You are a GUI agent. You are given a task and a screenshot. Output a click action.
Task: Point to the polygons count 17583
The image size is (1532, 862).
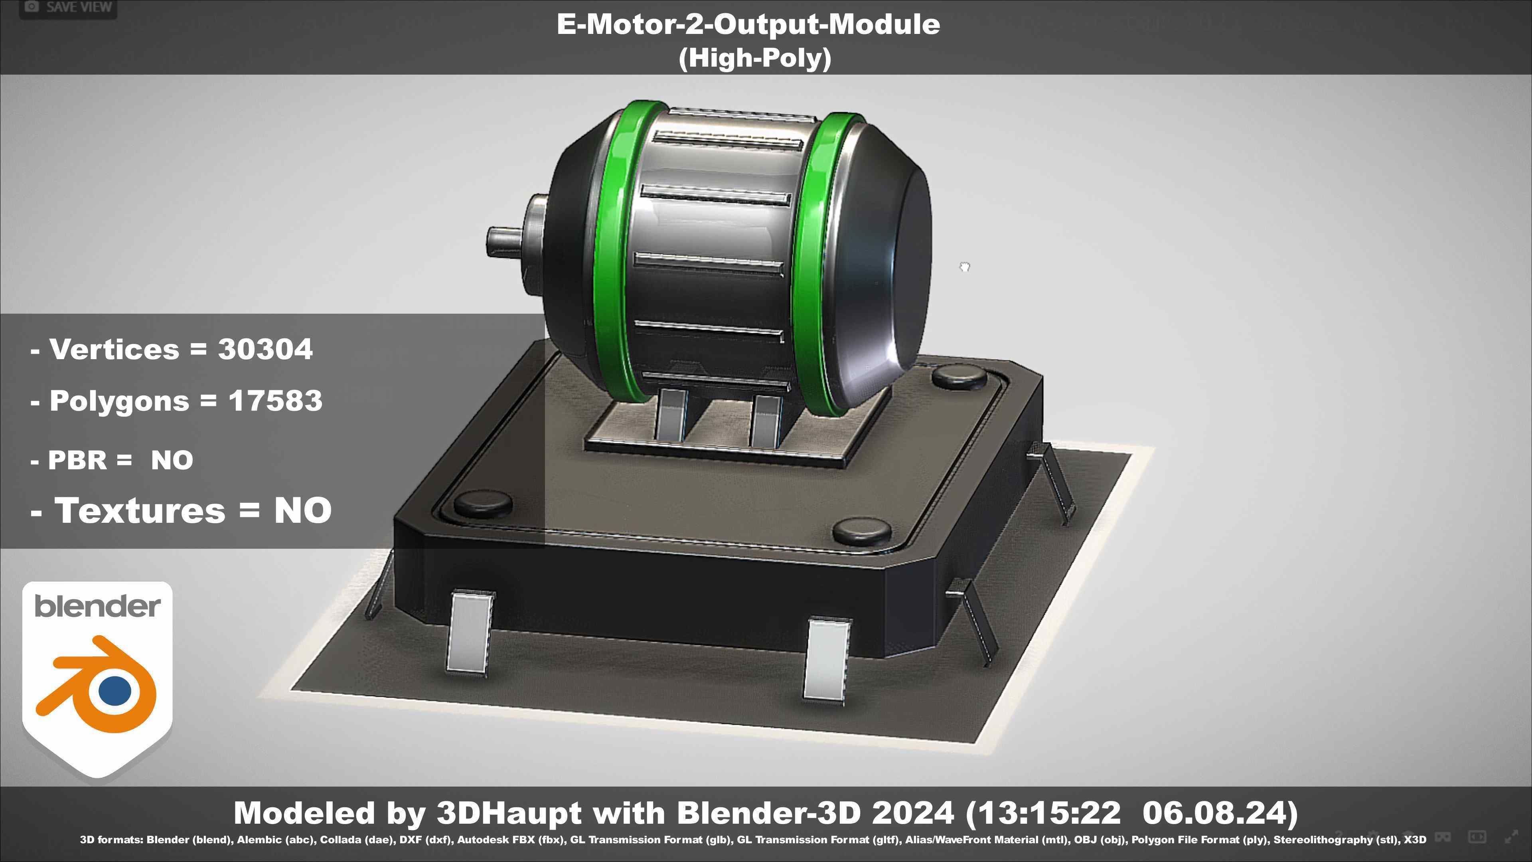coord(275,401)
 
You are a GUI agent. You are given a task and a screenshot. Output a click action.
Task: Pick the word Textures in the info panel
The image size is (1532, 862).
coord(140,510)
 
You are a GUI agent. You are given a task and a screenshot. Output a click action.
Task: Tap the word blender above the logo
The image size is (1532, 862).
coord(97,607)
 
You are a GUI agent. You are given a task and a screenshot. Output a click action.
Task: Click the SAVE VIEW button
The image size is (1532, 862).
coord(68,7)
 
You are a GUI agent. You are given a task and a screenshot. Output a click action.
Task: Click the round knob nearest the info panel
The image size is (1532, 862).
coord(482,503)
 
